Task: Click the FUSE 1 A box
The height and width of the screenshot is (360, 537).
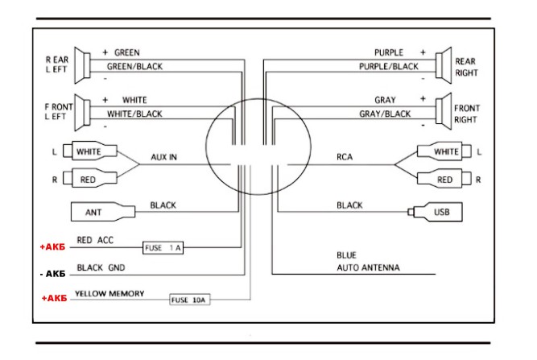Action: pos(163,247)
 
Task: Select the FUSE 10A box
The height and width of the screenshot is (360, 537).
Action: pos(190,300)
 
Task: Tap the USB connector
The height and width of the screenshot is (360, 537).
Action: pos(435,212)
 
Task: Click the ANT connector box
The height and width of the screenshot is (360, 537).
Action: pos(103,212)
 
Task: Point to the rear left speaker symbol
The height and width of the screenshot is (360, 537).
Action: pos(83,65)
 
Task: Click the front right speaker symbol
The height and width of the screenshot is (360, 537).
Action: pos(444,111)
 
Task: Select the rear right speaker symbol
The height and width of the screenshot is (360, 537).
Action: pos(444,65)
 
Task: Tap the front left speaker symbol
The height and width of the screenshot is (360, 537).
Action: pos(83,113)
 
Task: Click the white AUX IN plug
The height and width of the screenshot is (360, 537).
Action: pos(90,151)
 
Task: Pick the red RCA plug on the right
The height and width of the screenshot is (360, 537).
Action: pos(444,179)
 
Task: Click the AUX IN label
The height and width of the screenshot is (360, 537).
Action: pos(163,157)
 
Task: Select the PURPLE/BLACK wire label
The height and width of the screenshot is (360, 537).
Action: pos(389,66)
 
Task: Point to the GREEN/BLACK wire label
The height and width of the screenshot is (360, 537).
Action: pos(134,66)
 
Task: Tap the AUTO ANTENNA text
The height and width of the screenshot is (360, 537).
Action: pos(368,267)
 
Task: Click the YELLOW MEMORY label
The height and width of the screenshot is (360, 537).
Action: pos(109,293)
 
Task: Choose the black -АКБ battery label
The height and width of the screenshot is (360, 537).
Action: pos(52,274)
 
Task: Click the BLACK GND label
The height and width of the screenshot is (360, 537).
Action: pos(101,267)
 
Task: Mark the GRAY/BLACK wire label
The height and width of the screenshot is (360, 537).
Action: pos(385,114)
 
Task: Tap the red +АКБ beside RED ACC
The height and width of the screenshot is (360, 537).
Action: pos(52,247)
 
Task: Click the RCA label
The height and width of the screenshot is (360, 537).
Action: pos(345,157)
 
